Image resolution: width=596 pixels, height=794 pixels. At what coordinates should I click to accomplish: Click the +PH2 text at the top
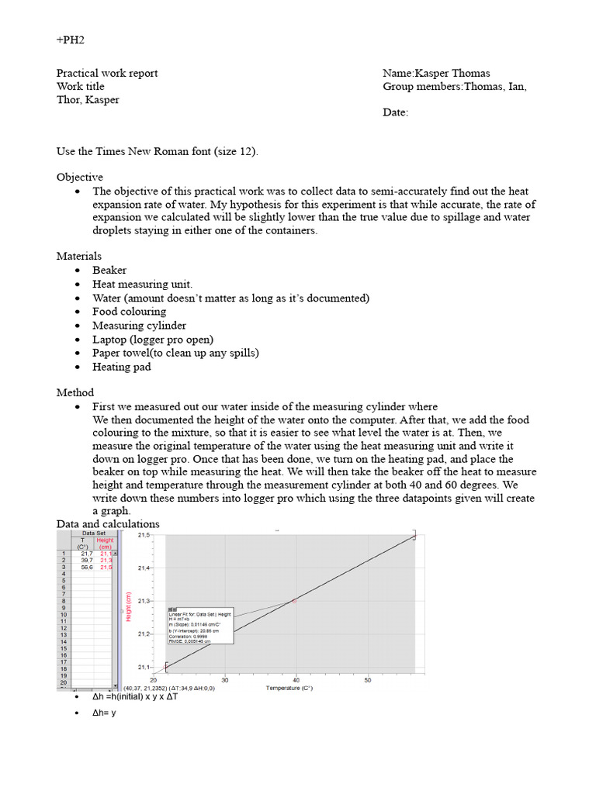(x=70, y=40)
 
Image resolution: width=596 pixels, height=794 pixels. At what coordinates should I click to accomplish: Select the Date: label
(x=395, y=113)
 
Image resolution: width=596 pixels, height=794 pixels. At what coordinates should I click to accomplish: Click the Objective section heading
(x=79, y=178)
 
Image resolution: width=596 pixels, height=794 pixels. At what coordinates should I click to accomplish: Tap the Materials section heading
(x=78, y=256)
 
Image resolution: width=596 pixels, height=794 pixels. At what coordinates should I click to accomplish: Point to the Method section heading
(x=75, y=393)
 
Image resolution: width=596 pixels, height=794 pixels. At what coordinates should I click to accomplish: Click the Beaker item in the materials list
(x=109, y=270)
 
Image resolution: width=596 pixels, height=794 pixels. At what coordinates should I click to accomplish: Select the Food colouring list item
(x=129, y=312)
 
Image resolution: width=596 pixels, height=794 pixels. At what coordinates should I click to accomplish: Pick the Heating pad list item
(x=121, y=367)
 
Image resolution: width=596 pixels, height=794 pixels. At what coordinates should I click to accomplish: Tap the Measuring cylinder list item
(x=139, y=326)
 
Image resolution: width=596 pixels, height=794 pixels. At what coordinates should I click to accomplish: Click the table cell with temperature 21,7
(x=86, y=554)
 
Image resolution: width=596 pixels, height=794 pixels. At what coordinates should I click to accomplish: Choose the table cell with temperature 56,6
(x=86, y=568)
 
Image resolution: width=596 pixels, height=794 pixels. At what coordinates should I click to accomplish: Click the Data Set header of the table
(x=93, y=533)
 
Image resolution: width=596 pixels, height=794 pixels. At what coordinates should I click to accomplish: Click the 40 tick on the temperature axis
(x=296, y=680)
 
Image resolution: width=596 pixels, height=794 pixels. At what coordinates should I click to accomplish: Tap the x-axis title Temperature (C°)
(x=289, y=688)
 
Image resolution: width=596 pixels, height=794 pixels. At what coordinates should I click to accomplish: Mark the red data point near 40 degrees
(x=294, y=601)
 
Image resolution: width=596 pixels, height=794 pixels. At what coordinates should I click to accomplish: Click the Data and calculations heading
(x=108, y=524)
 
